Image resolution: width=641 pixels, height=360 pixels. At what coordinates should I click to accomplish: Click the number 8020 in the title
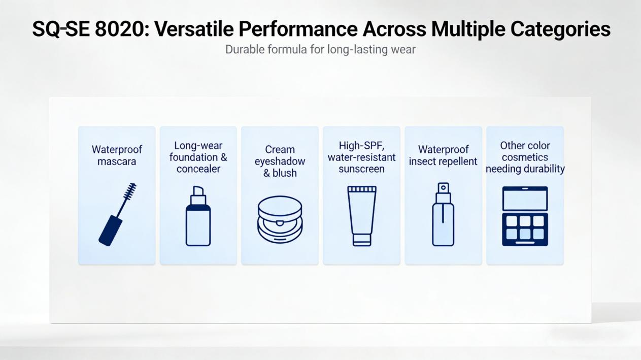coord(122,29)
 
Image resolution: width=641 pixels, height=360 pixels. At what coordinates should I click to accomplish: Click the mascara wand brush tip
coord(130,191)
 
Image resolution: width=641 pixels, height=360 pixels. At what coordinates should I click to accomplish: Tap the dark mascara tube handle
coord(111,231)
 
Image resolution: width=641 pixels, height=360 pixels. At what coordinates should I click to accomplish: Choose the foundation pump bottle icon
coord(198,216)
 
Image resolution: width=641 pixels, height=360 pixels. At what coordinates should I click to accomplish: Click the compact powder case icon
coord(280,219)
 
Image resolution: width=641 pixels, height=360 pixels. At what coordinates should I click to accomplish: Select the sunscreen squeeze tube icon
coord(362,216)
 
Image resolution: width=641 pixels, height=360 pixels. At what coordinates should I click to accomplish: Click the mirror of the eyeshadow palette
coord(525,199)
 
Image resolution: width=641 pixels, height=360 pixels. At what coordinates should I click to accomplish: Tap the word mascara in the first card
coord(116,161)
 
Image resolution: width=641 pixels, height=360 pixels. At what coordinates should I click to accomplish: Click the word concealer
coord(198,169)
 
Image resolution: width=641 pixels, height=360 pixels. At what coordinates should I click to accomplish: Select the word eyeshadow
coord(280,161)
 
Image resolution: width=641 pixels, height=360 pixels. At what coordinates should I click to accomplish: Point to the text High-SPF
coord(361,146)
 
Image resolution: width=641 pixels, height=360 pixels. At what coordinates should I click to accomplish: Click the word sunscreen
coord(361,169)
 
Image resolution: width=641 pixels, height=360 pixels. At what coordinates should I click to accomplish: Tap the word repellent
coord(460,161)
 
